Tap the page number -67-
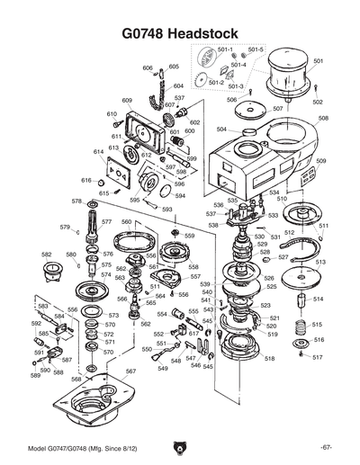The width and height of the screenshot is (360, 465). click(325, 448)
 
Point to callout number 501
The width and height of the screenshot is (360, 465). click(318, 60)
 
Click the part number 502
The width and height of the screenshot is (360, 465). click(318, 102)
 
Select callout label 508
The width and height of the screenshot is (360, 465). click(323, 118)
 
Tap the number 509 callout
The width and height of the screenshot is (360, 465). click(321, 161)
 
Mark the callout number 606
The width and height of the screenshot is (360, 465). click(148, 67)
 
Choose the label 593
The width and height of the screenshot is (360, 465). click(166, 209)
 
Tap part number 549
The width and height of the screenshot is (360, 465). click(163, 368)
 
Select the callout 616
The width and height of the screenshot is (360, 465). click(86, 181)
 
